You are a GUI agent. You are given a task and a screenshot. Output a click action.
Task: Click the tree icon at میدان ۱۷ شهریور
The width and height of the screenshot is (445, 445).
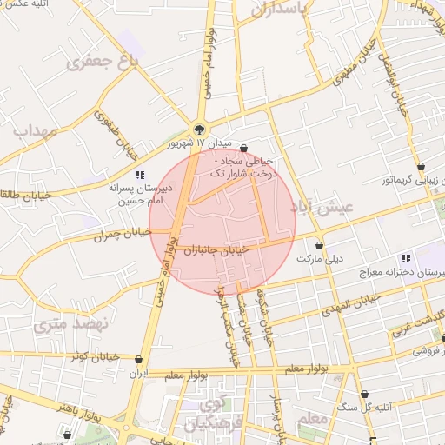pyautogui.click(x=201, y=127)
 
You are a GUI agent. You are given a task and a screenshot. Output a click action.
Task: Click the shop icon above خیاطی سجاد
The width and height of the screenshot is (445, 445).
pyautogui.click(x=242, y=148)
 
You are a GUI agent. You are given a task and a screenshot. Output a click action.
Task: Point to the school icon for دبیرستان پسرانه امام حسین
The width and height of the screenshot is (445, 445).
pyautogui.click(x=140, y=175)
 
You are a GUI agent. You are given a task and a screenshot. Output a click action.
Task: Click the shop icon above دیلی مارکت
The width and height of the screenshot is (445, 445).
pyautogui.click(x=320, y=245)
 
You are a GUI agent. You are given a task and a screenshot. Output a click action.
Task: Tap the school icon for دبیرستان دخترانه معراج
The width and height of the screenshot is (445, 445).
pyautogui.click(x=405, y=258)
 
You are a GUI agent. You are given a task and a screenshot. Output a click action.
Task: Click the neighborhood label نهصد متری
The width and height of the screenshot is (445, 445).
pyautogui.click(x=70, y=324)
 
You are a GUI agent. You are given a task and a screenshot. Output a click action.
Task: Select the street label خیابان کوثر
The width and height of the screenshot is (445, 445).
pyautogui.click(x=92, y=357)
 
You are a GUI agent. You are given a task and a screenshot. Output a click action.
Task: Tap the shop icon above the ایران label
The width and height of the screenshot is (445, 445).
pyautogui.click(x=138, y=358)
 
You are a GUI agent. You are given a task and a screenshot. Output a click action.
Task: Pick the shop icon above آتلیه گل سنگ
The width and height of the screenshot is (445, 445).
pyautogui.click(x=364, y=393)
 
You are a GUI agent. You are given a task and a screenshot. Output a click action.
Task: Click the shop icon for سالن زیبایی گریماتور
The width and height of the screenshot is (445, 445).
pyautogui.click(x=421, y=167)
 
